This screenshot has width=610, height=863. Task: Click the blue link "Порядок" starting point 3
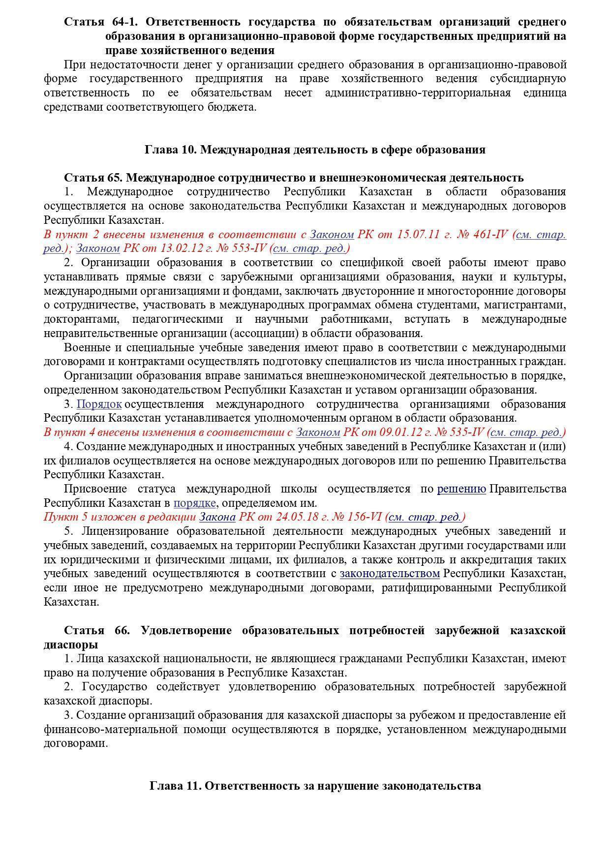99,404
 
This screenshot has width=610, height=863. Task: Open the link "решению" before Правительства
461,489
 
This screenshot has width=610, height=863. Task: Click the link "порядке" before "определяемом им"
194,503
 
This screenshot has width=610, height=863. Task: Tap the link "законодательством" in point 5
390,574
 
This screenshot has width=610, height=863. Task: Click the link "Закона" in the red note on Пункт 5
217,517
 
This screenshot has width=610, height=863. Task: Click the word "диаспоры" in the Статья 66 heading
70,645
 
